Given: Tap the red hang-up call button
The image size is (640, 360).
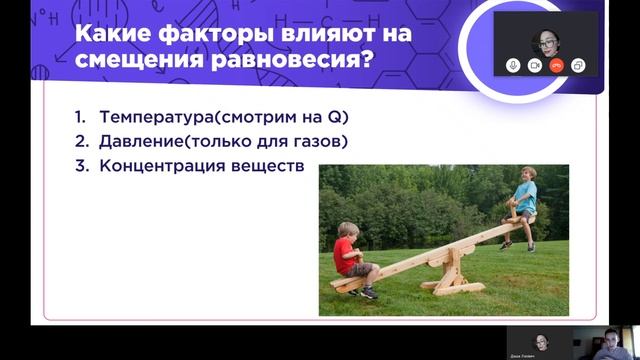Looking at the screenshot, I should pos(556,64).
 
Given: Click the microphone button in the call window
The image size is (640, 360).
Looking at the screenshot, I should pos(513,64).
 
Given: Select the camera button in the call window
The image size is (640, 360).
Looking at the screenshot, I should pos(535,64).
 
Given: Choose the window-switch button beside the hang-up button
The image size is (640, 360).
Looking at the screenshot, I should pos(578,64).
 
